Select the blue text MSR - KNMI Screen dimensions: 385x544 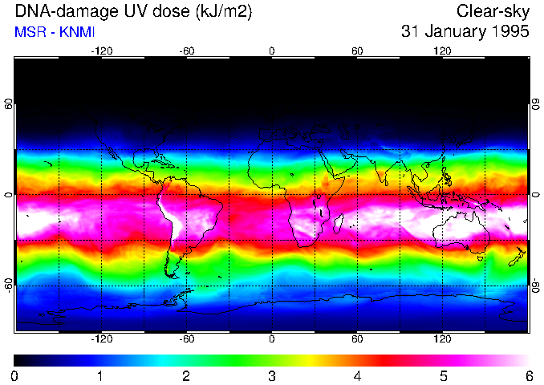point(55,32)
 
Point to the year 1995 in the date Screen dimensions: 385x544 point(507,32)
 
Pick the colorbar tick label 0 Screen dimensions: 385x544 point(15,376)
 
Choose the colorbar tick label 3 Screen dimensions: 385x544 point(271,376)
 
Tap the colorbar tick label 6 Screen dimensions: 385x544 point(528,376)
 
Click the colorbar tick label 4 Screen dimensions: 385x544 point(357,376)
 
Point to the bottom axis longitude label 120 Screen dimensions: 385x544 point(442,339)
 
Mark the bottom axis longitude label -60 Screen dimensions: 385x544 point(186,339)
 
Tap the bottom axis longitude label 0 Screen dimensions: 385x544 point(272,339)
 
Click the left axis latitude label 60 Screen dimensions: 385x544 point(9,104)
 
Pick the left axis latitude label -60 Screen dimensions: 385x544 point(9,285)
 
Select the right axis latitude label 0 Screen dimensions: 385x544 point(535,195)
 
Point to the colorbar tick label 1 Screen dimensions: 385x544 point(100,376)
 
